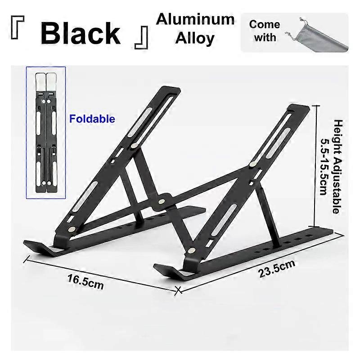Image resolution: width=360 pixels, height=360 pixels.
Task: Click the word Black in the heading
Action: [x=81, y=33]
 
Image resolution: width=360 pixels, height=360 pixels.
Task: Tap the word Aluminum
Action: [x=195, y=19]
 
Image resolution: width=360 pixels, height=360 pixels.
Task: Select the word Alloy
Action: [x=195, y=38]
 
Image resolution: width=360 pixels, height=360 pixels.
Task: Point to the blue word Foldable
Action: [x=92, y=119]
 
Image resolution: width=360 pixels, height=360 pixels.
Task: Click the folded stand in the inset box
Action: [x=46, y=132]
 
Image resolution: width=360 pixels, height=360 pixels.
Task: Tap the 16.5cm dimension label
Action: [x=85, y=282]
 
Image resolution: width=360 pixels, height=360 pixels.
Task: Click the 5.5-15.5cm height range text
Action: [x=324, y=167]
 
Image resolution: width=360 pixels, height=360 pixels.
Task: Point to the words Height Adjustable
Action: [x=338, y=166]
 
